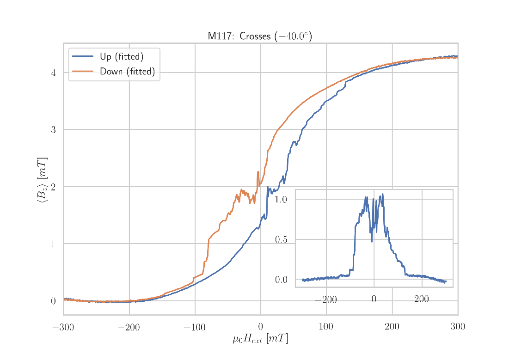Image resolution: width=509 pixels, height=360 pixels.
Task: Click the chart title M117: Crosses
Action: [259, 36]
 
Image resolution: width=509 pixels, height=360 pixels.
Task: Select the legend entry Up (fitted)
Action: [122, 57]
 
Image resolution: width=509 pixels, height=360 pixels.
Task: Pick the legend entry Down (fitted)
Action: [127, 72]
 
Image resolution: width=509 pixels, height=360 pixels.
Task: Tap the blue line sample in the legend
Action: [83, 57]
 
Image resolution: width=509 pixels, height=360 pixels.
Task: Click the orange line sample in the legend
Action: [83, 72]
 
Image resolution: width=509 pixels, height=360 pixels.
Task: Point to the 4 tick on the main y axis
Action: [53, 73]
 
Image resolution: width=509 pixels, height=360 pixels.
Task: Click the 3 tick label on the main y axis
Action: [53, 130]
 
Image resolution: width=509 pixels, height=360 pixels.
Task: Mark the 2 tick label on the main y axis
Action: [53, 187]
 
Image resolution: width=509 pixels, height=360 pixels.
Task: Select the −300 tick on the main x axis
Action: [63, 328]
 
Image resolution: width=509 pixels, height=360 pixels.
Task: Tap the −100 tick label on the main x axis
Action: [194, 328]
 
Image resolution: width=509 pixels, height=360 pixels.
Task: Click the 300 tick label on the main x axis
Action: [457, 328]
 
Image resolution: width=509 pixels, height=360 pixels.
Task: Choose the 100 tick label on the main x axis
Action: [326, 328]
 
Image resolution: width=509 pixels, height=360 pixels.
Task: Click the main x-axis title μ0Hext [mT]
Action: [260, 340]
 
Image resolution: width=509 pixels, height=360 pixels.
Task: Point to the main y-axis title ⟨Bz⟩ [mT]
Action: [42, 180]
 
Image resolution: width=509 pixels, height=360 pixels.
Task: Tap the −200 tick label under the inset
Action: [325, 299]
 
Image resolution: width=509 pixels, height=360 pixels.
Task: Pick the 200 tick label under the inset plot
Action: [422, 299]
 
